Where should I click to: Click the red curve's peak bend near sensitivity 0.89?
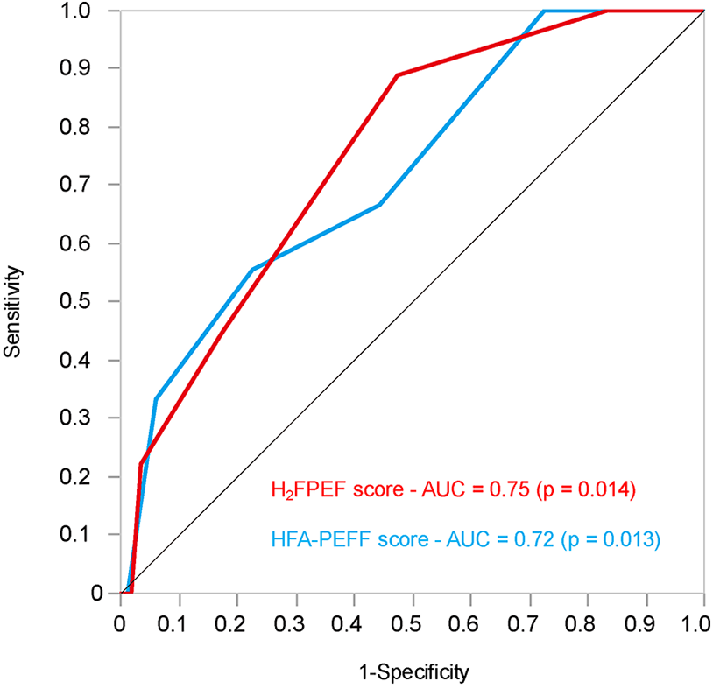tap(398, 75)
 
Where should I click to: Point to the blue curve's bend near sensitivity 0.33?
tap(156, 399)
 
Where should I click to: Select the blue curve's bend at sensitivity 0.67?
tap(379, 205)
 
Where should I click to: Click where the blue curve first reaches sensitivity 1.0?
tap(544, 11)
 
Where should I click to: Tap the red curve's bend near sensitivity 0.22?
tap(141, 464)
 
